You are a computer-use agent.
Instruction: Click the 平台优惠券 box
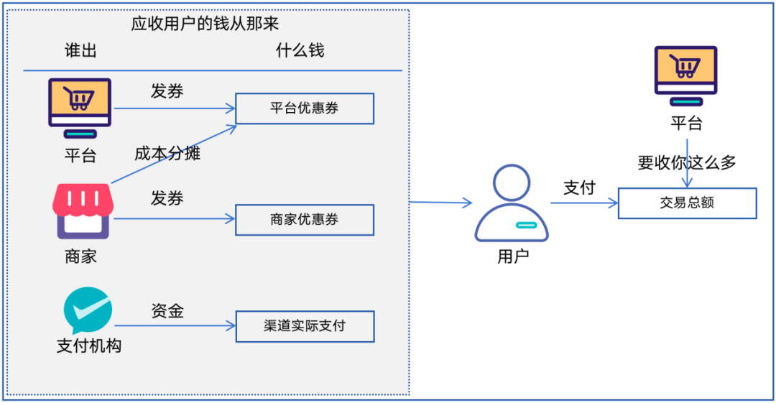(x=305, y=108)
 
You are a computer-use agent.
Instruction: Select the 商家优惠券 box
(x=305, y=220)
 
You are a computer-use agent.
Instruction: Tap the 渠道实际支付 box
(x=305, y=326)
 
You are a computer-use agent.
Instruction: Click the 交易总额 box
(x=687, y=203)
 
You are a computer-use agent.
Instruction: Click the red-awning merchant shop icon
(x=83, y=211)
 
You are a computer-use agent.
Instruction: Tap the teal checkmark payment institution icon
(x=88, y=310)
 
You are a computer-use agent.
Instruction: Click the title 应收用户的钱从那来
(x=205, y=24)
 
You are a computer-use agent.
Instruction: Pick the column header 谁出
(x=80, y=50)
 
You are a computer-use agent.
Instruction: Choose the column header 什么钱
(x=300, y=50)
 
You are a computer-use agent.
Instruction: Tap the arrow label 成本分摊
(x=167, y=153)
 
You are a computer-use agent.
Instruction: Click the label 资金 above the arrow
(x=167, y=310)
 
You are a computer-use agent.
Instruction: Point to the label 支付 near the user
(x=579, y=187)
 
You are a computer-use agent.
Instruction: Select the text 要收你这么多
(x=687, y=162)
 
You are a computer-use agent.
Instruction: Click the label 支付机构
(x=89, y=346)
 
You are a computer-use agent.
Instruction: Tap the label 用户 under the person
(x=513, y=256)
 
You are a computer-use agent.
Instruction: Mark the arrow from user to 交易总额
(x=584, y=203)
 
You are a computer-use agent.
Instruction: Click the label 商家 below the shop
(x=80, y=256)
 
